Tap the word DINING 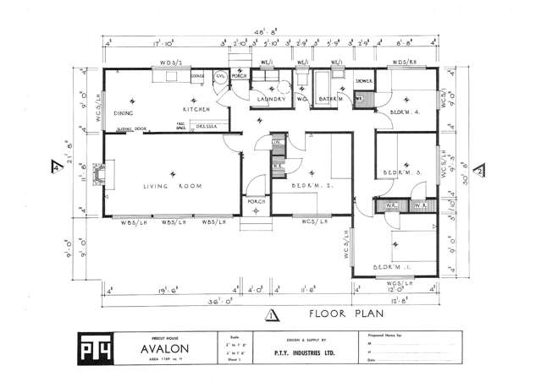(x=124, y=112)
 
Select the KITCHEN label (x=196, y=110)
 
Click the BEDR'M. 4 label (x=406, y=112)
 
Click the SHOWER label (x=365, y=81)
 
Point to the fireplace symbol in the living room (x=99, y=176)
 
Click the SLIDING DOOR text (x=132, y=129)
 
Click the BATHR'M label (x=330, y=98)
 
